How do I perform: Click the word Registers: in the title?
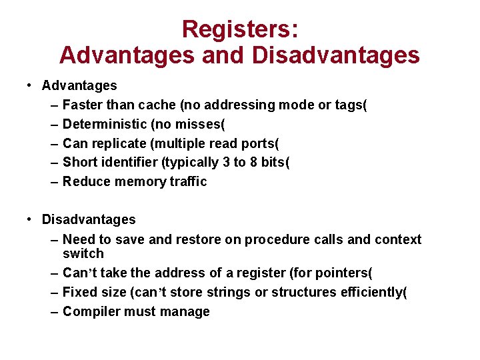(240, 29)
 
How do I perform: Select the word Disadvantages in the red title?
(336, 54)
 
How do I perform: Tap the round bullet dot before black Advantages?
(31, 85)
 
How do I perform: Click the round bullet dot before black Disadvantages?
(31, 219)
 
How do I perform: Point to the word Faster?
(82, 105)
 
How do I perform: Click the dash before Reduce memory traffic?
(53, 181)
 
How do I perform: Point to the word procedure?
(275, 239)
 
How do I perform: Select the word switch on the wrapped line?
(83, 253)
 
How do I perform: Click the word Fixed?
(79, 292)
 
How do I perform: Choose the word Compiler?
(89, 311)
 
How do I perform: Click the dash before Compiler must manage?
(53, 311)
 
